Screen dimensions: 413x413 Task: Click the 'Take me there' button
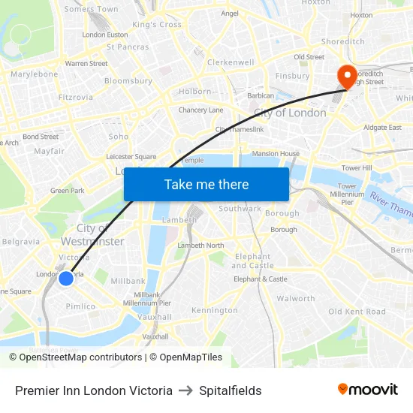tap(206, 184)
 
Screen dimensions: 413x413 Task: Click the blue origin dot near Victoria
tap(66, 279)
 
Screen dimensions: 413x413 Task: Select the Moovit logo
tap(367, 389)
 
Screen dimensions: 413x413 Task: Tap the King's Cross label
tap(157, 25)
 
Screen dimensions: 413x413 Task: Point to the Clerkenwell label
tap(231, 62)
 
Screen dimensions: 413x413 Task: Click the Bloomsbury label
tap(128, 81)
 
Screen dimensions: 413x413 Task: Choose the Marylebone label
tap(35, 75)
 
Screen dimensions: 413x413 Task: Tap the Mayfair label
tap(50, 151)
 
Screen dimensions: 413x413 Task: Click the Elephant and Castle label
tap(253, 261)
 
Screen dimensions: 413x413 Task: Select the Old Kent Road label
tap(357, 312)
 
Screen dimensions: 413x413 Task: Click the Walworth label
tap(297, 298)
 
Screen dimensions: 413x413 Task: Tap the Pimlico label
tap(80, 306)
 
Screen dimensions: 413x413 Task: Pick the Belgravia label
tap(21, 242)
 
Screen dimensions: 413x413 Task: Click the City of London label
tap(290, 113)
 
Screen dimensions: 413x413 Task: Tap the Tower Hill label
tap(357, 168)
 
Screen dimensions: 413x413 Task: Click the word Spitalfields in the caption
tap(231, 390)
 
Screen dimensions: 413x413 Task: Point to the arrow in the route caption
tap(186, 390)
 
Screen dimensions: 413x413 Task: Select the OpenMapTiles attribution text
tap(185, 357)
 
